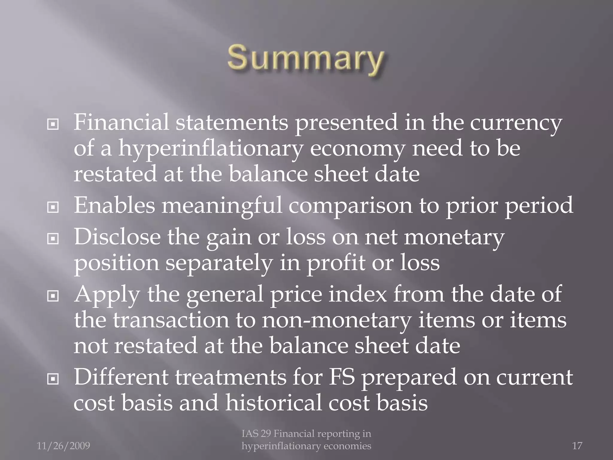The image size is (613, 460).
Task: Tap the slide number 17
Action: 577,446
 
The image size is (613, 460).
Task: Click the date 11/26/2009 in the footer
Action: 63,446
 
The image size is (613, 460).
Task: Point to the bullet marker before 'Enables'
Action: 53,207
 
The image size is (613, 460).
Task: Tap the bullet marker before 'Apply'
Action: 53,296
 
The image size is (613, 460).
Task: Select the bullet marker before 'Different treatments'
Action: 53,379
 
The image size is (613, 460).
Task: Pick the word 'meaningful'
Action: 222,206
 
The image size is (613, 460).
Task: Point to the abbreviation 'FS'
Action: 342,377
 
